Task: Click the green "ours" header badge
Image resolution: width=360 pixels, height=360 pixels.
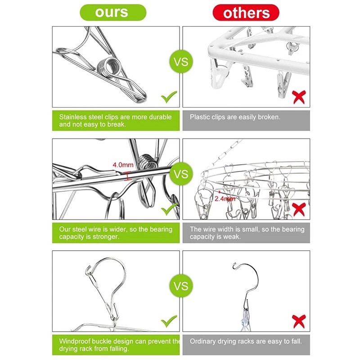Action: pyautogui.click(x=113, y=13)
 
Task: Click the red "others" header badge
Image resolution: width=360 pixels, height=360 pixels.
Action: pyautogui.click(x=246, y=13)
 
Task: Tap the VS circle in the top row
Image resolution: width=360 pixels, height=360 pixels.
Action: pyautogui.click(x=181, y=62)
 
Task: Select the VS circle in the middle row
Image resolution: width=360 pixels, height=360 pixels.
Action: pyautogui.click(x=181, y=174)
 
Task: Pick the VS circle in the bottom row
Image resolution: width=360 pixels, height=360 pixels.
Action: pyautogui.click(x=181, y=286)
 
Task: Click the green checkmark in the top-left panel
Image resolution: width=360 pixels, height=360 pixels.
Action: pyautogui.click(x=169, y=97)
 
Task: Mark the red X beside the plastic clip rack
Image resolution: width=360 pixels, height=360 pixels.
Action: pyautogui.click(x=299, y=97)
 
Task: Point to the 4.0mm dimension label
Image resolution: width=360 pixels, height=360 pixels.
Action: pyautogui.click(x=123, y=165)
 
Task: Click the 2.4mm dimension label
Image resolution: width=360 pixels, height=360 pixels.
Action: pyautogui.click(x=225, y=198)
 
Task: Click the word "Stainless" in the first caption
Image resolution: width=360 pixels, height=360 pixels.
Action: pyautogui.click(x=73, y=117)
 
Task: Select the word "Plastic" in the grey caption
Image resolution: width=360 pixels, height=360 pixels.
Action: pyautogui.click(x=200, y=117)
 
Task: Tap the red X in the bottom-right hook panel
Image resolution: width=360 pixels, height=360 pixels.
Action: pyautogui.click(x=299, y=321)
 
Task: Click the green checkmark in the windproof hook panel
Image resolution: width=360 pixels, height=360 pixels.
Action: pyautogui.click(x=169, y=321)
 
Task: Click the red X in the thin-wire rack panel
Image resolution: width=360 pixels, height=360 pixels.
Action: pyautogui.click(x=299, y=209)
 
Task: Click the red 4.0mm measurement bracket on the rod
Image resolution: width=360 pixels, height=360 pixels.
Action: pyautogui.click(x=128, y=176)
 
